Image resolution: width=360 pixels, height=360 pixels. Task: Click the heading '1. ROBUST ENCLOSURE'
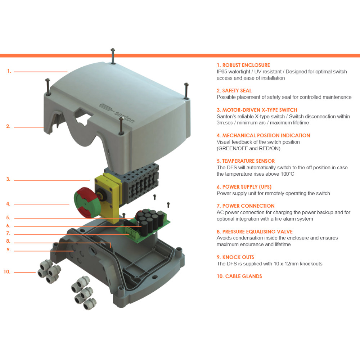pos(243,65)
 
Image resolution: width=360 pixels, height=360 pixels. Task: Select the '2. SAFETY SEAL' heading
pos(234,91)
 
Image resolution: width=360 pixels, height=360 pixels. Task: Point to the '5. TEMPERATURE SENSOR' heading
pos(246,161)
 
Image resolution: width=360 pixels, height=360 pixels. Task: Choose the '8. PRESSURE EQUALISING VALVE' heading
pos(255,232)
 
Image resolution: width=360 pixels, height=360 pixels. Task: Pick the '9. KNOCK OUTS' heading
pos(235,257)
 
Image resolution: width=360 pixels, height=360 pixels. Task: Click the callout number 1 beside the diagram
pos(9,71)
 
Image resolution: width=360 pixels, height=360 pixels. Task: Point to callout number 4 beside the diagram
pos(8,204)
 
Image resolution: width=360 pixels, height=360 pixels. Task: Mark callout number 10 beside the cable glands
pos(7,272)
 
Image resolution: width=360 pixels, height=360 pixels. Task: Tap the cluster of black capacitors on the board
pos(149,219)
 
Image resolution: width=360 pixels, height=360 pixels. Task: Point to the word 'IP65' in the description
pos(223,72)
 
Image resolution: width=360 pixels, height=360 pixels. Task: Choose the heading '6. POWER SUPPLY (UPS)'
pos(244,187)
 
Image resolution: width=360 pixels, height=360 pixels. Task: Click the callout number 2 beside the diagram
pos(8,126)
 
